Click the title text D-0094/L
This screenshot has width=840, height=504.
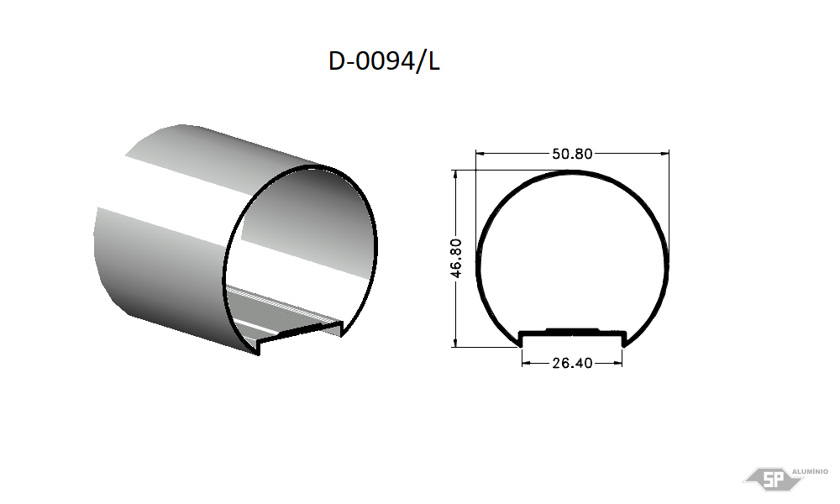coord(384,61)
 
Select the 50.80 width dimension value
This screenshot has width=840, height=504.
coord(572,155)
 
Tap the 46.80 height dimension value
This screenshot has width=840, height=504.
coord(456,258)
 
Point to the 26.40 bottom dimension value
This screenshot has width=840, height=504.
coord(572,363)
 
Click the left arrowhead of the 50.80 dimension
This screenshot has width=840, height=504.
coord(480,154)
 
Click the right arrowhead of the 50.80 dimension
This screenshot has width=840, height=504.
coord(664,154)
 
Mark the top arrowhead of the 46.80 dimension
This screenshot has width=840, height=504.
coord(456,175)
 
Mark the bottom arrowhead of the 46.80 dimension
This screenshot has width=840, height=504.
coord(456,342)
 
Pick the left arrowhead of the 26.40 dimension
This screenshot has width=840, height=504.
coord(526,363)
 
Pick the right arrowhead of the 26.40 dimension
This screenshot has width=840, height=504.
coord(617,363)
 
